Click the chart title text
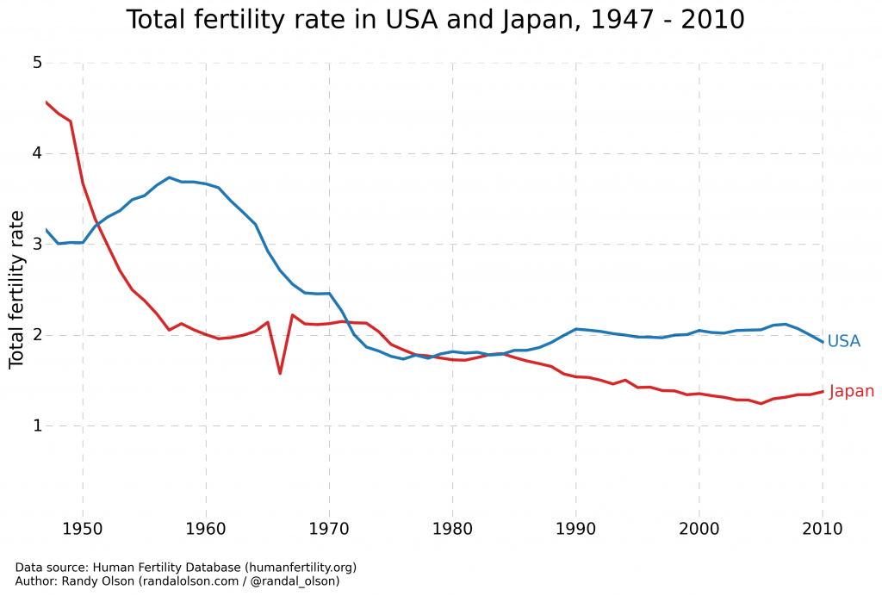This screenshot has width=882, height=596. pyautogui.click(x=435, y=20)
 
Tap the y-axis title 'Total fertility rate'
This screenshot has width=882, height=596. pyautogui.click(x=16, y=289)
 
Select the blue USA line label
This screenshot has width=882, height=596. pyautogui.click(x=843, y=341)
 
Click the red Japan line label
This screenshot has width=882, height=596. pyautogui.click(x=851, y=391)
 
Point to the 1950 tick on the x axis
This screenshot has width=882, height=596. pyautogui.click(x=83, y=528)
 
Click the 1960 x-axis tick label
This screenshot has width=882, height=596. pyautogui.click(x=206, y=528)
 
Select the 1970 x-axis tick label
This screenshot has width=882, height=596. pyautogui.click(x=329, y=528)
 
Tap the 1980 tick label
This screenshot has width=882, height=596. pyautogui.click(x=452, y=528)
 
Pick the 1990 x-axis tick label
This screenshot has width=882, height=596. pyautogui.click(x=575, y=528)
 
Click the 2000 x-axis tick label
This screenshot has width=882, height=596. pyautogui.click(x=699, y=528)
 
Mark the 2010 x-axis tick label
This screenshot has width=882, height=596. pyautogui.click(x=822, y=528)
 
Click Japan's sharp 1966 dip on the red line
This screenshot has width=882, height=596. pyautogui.click(x=280, y=373)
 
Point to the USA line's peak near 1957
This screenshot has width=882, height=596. pyautogui.click(x=169, y=177)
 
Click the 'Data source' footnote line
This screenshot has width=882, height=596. pyautogui.click(x=185, y=568)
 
